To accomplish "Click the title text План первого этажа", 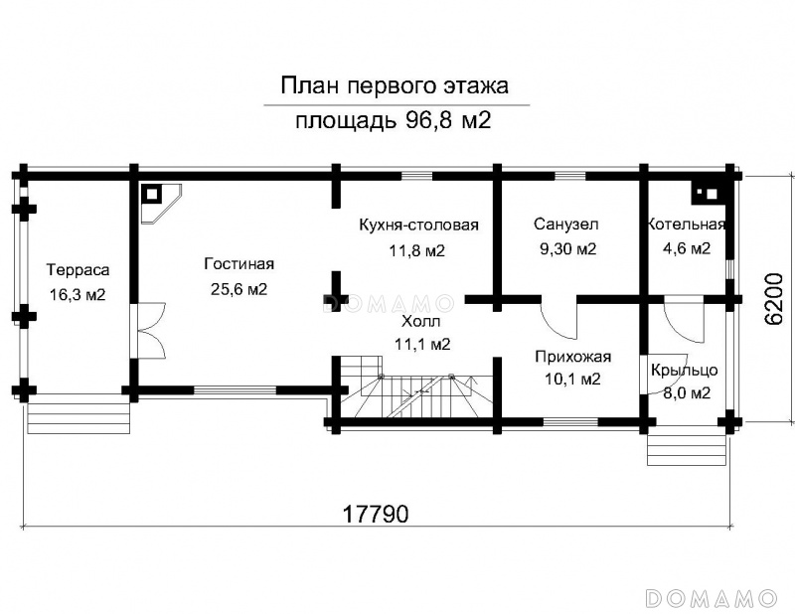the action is [395, 86].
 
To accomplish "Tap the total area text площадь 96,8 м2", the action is [394, 120].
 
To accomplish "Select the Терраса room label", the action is [79, 269].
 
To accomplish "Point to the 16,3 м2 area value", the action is [78, 294].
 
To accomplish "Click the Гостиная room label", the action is [239, 263].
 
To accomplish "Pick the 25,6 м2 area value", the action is [238, 289].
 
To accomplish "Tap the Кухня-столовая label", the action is [418, 225].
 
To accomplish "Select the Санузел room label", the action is [565, 224].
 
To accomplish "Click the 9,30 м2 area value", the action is [567, 248].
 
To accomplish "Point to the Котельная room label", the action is [687, 225].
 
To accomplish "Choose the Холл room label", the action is [420, 321].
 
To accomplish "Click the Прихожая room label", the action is [573, 357].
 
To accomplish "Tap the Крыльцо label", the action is [685, 370].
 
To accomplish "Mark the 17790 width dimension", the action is [376, 514].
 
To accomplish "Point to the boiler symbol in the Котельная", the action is [706, 193].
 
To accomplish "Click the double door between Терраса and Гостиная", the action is [151, 331].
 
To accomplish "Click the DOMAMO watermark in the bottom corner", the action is [711, 598].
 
